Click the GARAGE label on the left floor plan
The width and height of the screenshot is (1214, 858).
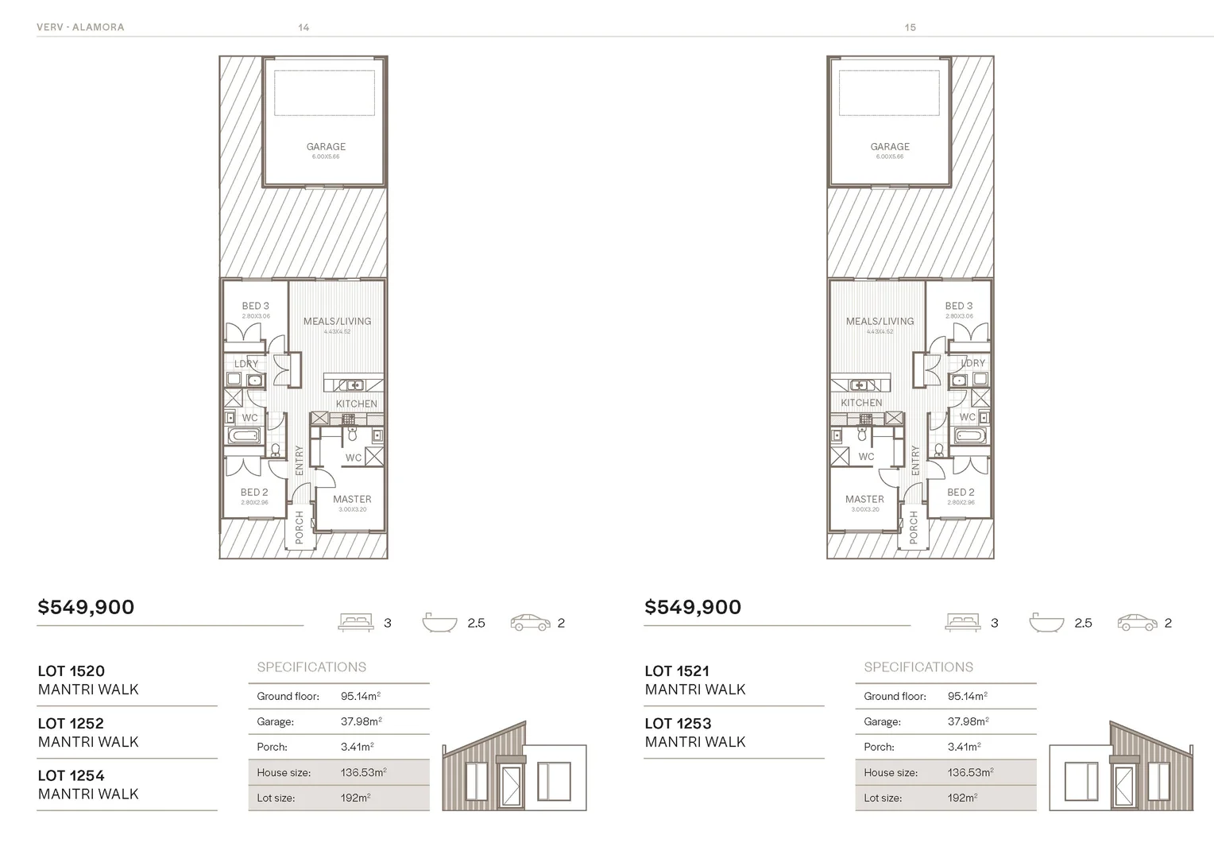(326, 147)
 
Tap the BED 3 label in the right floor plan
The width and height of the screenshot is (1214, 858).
(958, 306)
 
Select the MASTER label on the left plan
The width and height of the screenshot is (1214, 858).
(352, 500)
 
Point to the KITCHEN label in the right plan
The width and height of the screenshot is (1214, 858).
(861, 403)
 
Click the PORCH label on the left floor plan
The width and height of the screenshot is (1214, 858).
(300, 528)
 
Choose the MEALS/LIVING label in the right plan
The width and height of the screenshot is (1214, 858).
(880, 322)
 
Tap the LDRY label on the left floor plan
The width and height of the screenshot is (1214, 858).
(246, 364)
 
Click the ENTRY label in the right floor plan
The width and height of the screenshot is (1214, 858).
(915, 461)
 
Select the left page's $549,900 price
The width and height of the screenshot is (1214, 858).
(86, 607)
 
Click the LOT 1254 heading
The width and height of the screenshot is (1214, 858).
(71, 775)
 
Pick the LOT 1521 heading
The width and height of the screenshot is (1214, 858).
(677, 671)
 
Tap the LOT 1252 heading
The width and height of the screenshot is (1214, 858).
(71, 724)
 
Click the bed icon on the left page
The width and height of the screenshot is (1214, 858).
(356, 622)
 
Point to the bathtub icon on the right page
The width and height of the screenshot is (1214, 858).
(1046, 622)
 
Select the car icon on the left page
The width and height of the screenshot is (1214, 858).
(530, 622)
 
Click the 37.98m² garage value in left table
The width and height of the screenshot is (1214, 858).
(361, 721)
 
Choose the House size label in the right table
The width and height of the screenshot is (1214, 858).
(891, 772)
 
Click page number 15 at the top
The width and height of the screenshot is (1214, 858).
(910, 27)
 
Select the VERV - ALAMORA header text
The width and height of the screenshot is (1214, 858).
(80, 27)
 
